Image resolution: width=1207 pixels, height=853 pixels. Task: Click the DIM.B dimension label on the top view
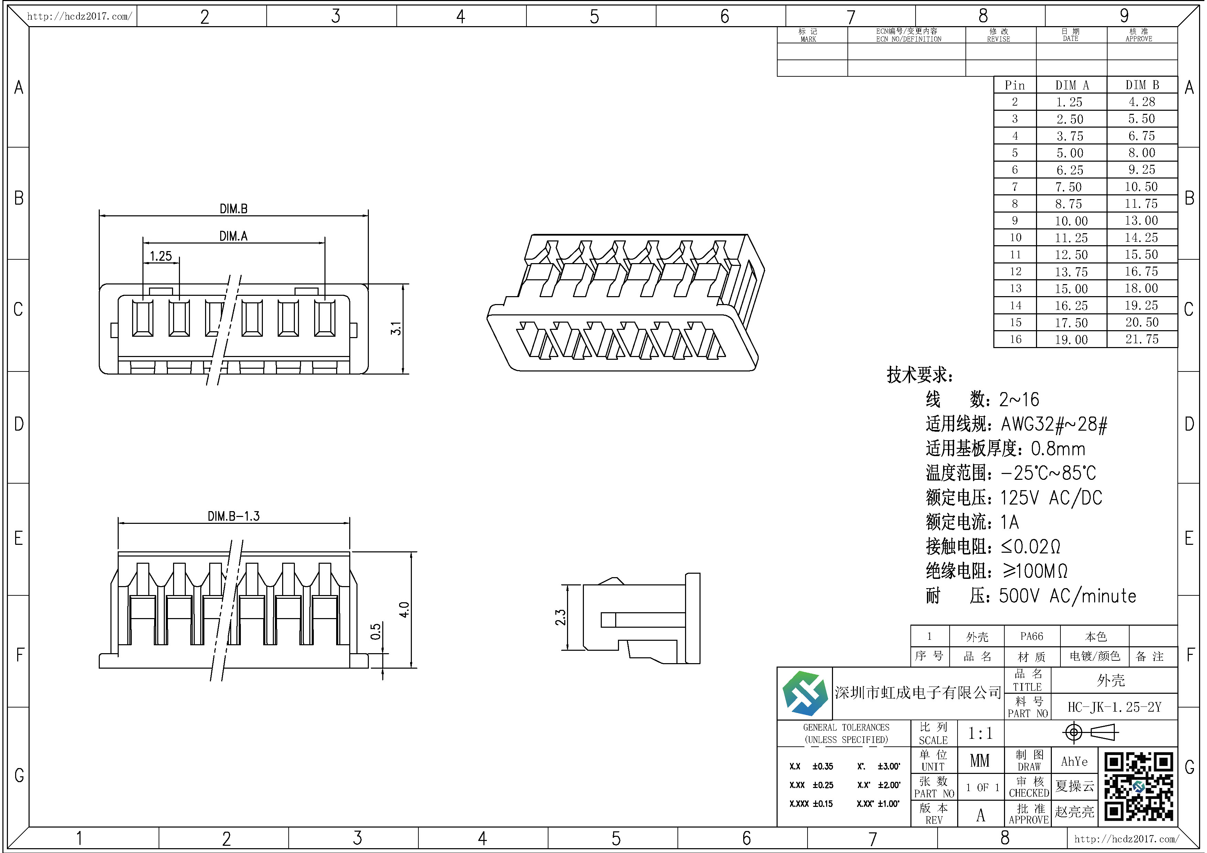[233, 209]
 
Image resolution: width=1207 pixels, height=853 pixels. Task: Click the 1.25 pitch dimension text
[161, 256]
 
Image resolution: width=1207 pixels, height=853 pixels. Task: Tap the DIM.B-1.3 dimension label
[233, 516]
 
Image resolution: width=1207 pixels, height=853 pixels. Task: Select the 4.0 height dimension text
[404, 610]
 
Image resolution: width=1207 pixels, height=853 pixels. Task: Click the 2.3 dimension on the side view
[560, 617]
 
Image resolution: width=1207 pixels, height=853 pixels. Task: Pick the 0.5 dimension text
[375, 632]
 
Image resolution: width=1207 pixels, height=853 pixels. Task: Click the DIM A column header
[1072, 85]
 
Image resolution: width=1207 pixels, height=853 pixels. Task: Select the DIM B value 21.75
[1142, 339]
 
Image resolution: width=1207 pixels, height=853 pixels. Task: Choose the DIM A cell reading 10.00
[1071, 221]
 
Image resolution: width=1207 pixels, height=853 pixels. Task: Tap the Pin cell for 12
[1015, 272]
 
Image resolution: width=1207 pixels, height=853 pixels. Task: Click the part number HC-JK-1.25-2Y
[1114, 707]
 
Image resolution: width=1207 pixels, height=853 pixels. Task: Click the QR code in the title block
[1139, 787]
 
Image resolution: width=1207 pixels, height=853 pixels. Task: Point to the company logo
[804, 694]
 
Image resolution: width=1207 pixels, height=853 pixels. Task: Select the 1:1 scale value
[980, 733]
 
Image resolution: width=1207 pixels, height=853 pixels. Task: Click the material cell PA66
[1032, 636]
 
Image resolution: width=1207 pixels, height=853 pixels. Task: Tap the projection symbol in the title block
[1091, 732]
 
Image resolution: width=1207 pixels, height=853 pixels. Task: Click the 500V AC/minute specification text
[1067, 596]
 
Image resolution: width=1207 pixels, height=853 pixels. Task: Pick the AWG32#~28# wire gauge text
[1054, 424]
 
